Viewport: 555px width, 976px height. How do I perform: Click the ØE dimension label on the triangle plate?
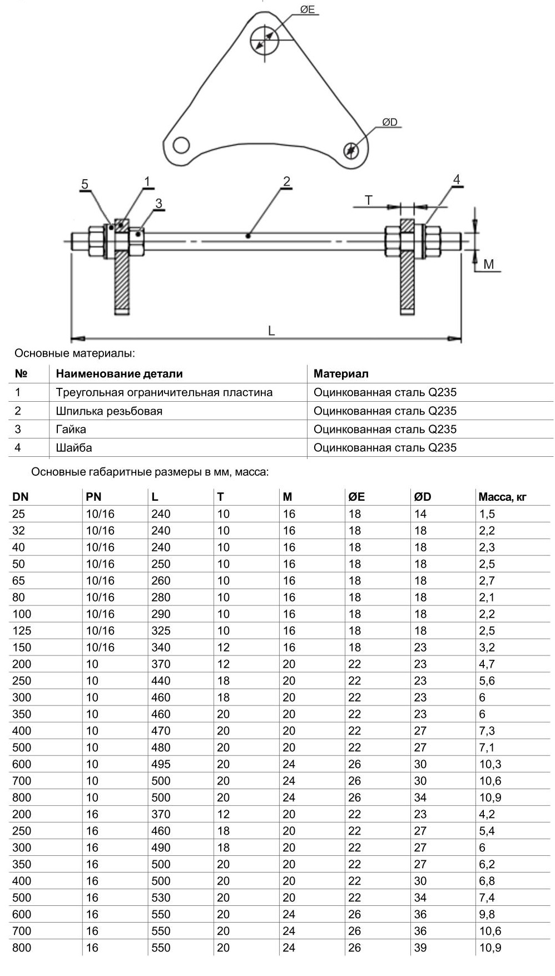point(307,9)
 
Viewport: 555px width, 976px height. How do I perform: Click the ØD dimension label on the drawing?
point(389,122)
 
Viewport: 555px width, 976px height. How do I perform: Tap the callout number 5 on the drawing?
point(85,184)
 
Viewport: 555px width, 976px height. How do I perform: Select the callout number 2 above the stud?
point(286,181)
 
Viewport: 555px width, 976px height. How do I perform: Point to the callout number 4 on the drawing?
point(457,180)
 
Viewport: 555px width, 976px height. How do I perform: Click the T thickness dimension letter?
point(368,200)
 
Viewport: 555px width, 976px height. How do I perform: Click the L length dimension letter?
point(271,331)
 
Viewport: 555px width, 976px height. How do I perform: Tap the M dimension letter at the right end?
point(488,264)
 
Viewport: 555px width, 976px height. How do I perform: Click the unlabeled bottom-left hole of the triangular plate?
point(181,146)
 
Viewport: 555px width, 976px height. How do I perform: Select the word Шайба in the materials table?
point(74,448)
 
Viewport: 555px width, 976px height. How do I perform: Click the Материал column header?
point(341,374)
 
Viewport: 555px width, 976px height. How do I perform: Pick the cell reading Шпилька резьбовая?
point(109,411)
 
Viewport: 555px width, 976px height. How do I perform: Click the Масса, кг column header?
point(502,497)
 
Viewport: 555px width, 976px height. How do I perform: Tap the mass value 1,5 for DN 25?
point(487,514)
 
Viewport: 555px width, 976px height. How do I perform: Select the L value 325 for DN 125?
point(161,631)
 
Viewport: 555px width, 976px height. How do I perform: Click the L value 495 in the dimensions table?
point(161,765)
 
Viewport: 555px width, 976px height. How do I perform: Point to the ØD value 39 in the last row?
point(420,948)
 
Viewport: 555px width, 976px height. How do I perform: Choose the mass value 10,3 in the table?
point(490,765)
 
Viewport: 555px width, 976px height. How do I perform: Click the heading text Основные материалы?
point(75,353)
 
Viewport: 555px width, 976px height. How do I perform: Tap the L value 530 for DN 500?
point(161,898)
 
